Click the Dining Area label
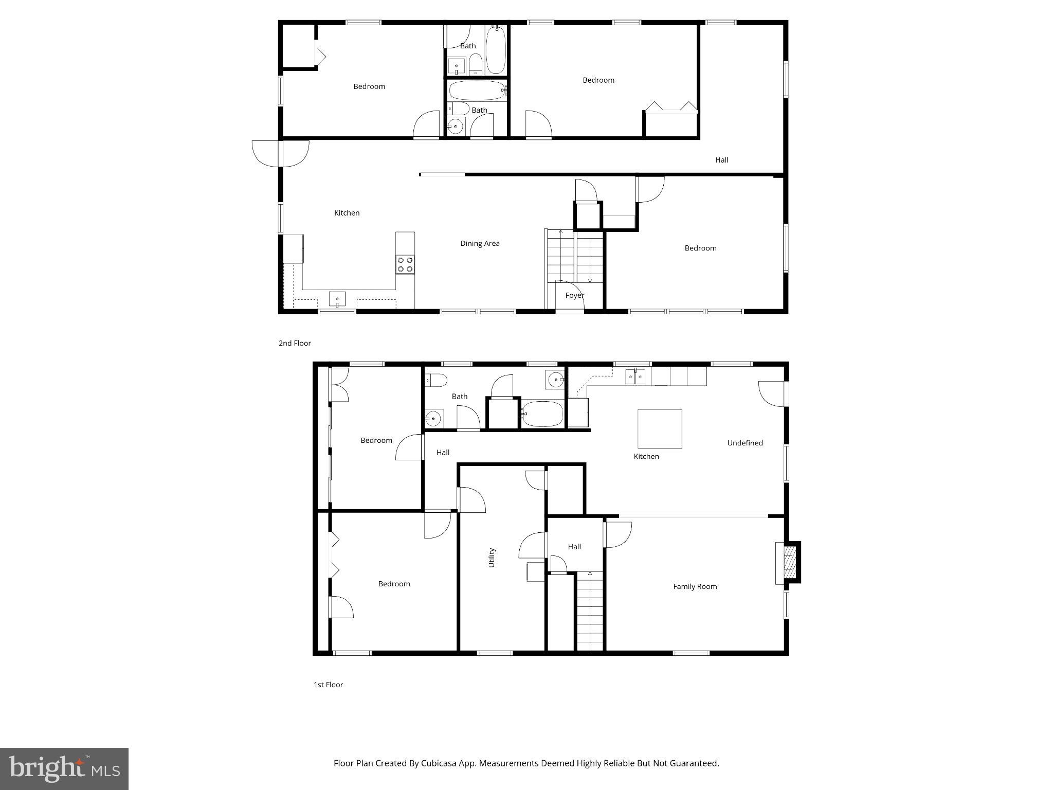(479, 243)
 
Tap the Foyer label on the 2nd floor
(574, 295)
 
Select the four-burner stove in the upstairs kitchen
(405, 264)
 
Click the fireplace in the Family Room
(787, 562)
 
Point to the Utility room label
(492, 558)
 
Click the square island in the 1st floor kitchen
(660, 428)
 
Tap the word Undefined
(745, 443)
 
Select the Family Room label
(695, 586)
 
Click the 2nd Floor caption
(295, 343)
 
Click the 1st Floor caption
(328, 685)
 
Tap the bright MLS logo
(64, 769)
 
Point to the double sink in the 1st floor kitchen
(636, 377)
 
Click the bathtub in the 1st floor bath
(542, 414)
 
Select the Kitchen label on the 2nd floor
(347, 213)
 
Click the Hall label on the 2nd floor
(721, 160)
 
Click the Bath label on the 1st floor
(459, 397)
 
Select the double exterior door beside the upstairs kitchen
(280, 154)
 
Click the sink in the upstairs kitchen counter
(337, 298)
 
